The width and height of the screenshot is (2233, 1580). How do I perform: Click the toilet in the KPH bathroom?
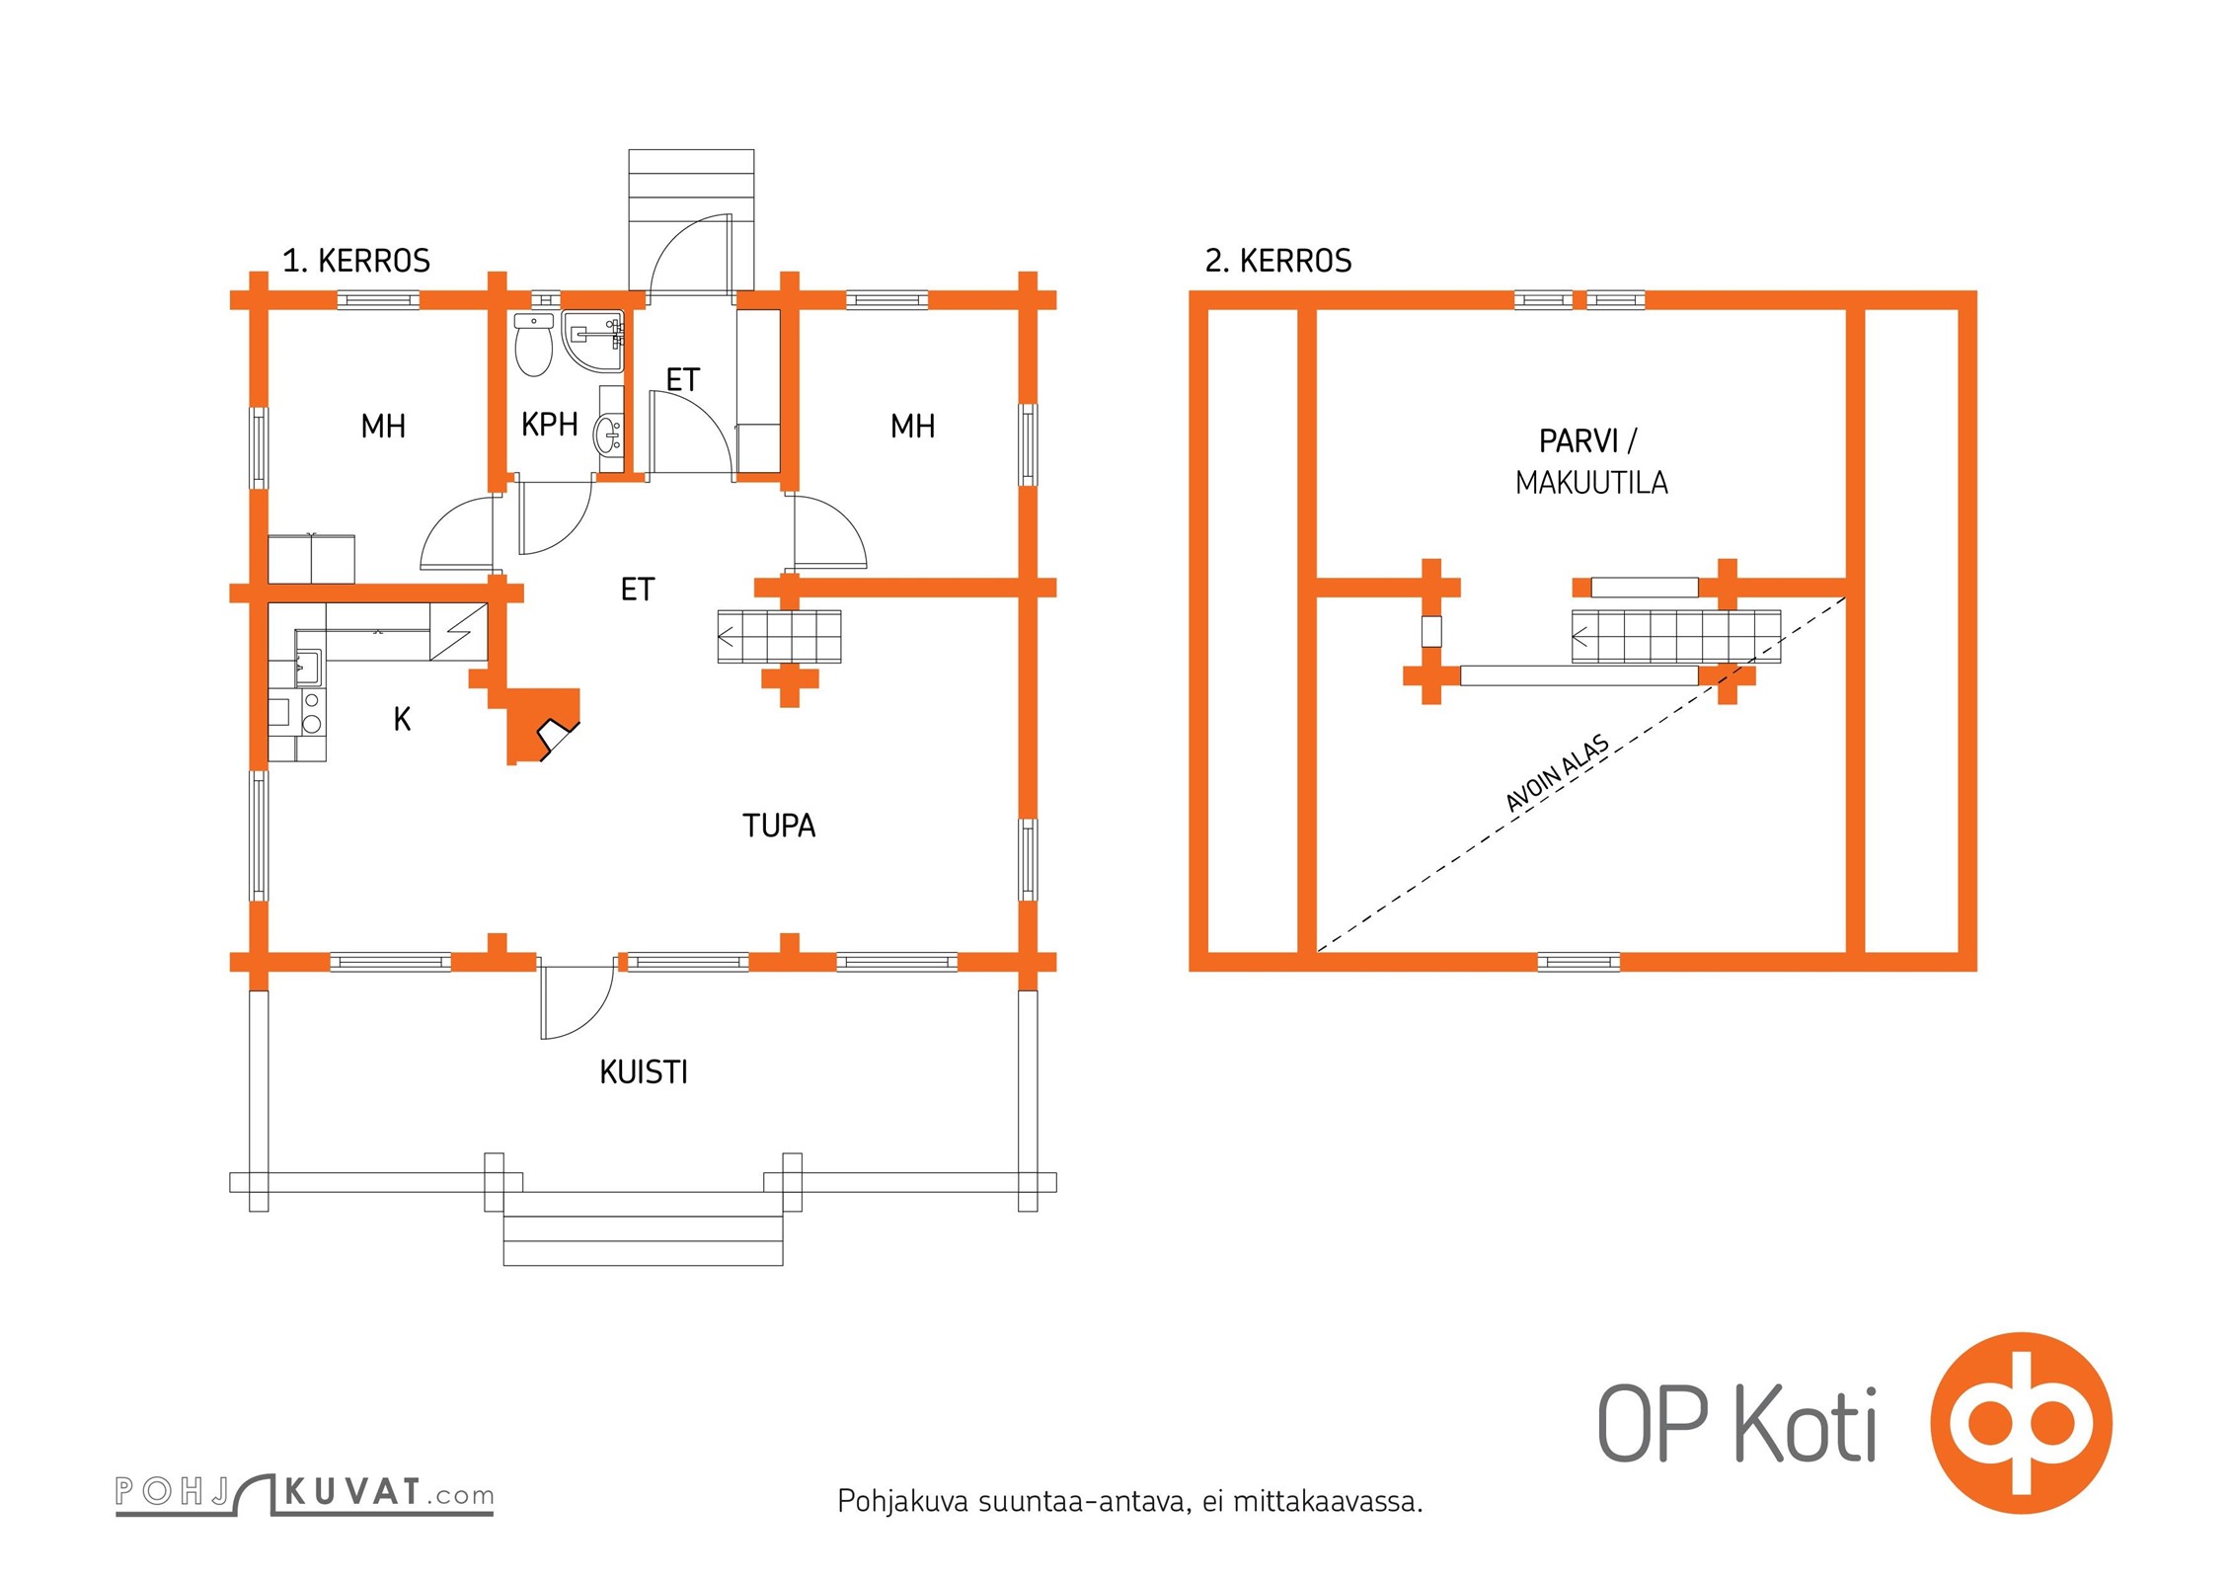tap(534, 346)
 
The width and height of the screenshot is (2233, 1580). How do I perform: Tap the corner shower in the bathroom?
tap(593, 341)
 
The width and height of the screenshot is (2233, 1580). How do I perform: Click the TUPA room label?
tap(779, 826)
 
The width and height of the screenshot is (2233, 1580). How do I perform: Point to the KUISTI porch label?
tap(644, 1072)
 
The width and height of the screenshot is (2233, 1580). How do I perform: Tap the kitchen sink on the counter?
tap(308, 668)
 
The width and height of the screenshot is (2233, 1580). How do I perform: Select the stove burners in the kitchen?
tap(312, 712)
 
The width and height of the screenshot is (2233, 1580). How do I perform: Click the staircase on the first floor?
tap(779, 637)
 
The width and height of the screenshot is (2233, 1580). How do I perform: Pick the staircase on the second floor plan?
tap(1676, 636)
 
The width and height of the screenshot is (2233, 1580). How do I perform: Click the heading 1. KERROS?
tap(356, 261)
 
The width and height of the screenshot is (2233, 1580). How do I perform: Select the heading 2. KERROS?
tap(1278, 261)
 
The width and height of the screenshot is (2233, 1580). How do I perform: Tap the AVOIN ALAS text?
tap(1558, 773)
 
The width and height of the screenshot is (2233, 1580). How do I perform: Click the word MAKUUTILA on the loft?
tap(1591, 483)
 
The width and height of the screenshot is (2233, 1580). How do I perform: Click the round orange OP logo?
tap(2021, 1423)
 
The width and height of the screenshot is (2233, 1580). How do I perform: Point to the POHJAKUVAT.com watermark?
tap(304, 1492)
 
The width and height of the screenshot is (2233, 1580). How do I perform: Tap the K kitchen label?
tap(402, 719)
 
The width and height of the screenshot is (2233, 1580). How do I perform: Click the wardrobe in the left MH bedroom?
tap(311, 559)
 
